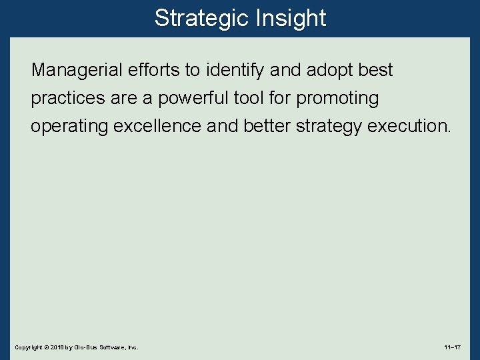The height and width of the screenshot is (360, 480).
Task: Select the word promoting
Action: click(x=337, y=99)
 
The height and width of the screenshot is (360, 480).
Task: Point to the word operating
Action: click(x=70, y=127)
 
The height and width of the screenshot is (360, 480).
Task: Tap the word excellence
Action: click(x=158, y=127)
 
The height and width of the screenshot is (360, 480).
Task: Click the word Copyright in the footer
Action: click(x=27, y=347)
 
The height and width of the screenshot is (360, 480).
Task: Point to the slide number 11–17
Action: click(x=452, y=347)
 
